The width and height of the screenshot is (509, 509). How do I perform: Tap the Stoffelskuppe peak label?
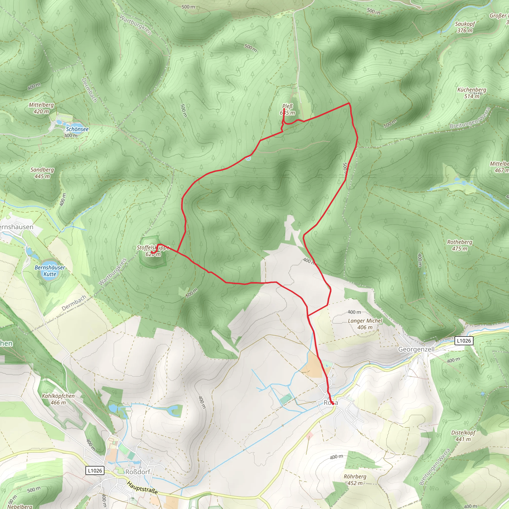click(153, 251)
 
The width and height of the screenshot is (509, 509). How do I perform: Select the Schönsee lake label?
click(77, 129)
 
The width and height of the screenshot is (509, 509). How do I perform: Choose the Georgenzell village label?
click(416, 349)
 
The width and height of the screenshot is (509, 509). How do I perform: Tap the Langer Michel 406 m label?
click(365, 324)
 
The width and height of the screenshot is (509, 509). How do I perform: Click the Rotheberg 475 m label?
click(460, 245)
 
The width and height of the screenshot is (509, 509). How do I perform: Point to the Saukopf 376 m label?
click(465, 27)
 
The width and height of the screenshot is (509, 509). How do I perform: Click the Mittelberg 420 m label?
click(41, 108)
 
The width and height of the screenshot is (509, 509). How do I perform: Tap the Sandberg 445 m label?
click(42, 173)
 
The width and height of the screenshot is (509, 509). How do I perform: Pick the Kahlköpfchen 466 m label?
click(58, 399)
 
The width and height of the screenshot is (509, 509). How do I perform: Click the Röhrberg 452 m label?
click(355, 480)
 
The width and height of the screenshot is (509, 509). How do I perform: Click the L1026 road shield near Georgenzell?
click(464, 341)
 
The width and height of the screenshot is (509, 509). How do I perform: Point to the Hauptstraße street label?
click(142, 488)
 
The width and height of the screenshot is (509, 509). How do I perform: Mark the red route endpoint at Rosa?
click(333, 403)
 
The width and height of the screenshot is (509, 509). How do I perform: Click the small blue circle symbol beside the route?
click(248, 158)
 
